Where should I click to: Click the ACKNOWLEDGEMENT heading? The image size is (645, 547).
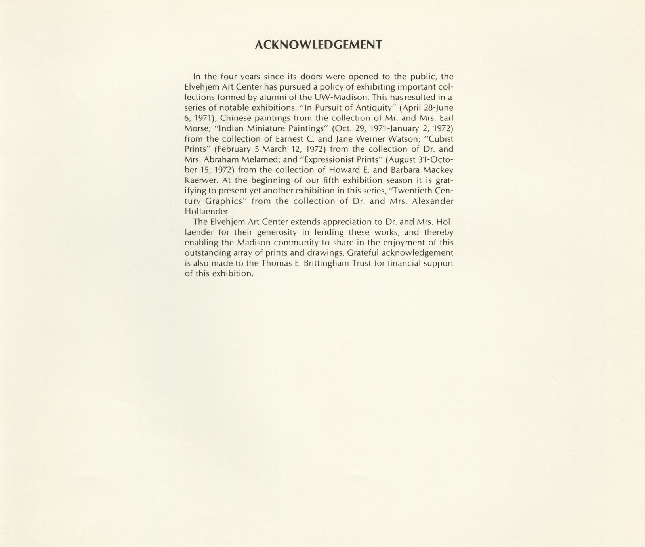coord(318,45)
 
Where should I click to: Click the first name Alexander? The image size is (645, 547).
coord(433,201)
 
